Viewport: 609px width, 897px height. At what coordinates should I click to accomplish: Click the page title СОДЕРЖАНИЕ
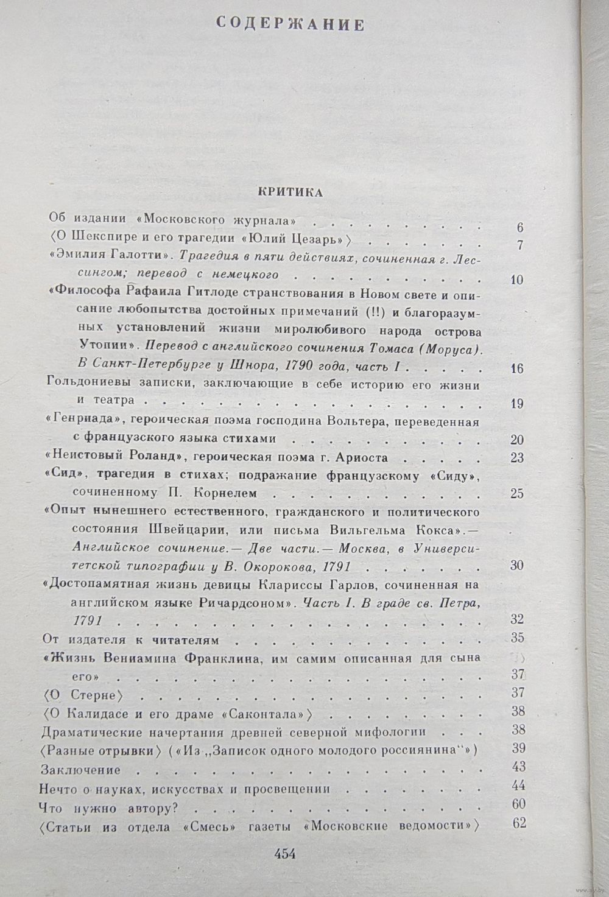[x=290, y=25]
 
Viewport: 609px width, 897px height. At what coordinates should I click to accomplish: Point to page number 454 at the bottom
[x=285, y=853]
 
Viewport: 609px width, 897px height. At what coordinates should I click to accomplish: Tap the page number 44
[x=518, y=785]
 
